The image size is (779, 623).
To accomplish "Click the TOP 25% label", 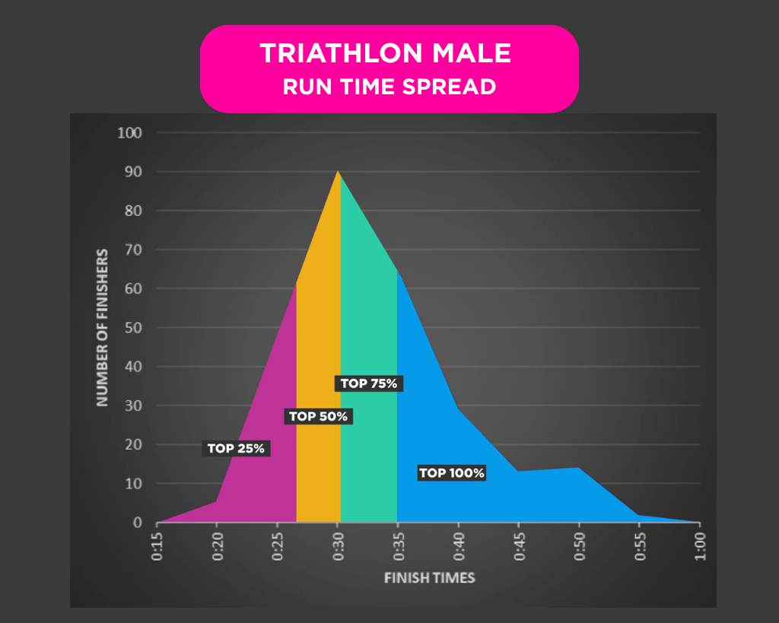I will (236, 449).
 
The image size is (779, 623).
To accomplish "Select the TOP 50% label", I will (318, 416).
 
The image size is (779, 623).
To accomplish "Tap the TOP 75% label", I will (369, 383).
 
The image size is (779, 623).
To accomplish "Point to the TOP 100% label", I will (451, 473).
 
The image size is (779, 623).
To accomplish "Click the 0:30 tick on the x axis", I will (338, 547).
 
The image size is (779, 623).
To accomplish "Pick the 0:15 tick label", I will (157, 547).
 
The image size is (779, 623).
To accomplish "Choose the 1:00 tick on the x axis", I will (700, 547).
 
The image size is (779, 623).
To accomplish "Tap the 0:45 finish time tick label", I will (519, 547).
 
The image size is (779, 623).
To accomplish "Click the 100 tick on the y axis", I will (130, 133).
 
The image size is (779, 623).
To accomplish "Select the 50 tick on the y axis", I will (133, 328).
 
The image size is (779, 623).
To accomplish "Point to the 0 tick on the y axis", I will (138, 523).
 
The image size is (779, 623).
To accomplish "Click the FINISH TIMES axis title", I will (429, 578).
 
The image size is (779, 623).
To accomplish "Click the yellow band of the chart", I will (318, 342).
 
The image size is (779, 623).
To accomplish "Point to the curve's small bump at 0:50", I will (579, 468).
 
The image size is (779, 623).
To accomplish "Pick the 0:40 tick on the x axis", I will (459, 547).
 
